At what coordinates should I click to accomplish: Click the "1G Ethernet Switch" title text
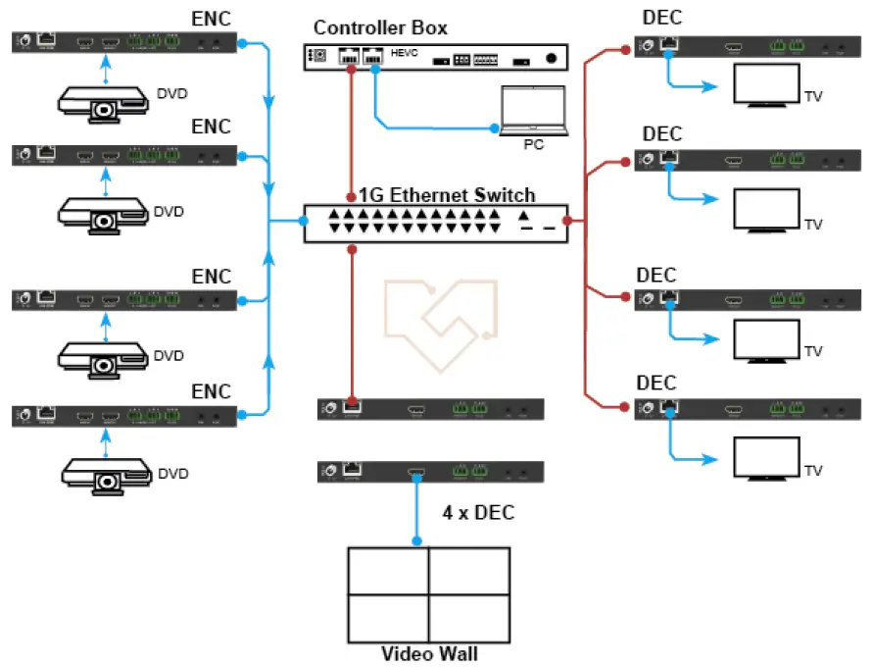(x=447, y=194)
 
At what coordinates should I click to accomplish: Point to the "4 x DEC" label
(x=478, y=512)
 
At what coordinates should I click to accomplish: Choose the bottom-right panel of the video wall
(x=468, y=618)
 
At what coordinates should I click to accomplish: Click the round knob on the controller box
(x=553, y=60)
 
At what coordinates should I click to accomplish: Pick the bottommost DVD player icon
(x=103, y=472)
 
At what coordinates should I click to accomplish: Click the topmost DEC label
(x=662, y=19)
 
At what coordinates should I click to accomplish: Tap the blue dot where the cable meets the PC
(x=496, y=128)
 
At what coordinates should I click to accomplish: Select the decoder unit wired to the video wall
(x=430, y=472)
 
